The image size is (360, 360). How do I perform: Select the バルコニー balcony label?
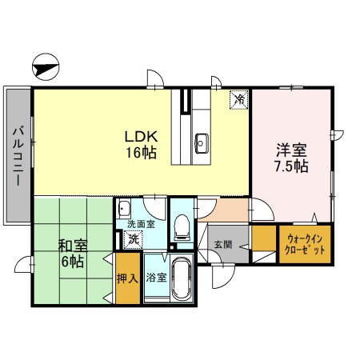coord(16,155)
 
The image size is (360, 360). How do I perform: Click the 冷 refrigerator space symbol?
coord(239,100)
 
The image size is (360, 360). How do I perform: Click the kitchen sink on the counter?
coord(200,144)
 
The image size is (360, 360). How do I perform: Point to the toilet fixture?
coord(182,226)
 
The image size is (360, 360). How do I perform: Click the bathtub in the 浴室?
coord(182,280)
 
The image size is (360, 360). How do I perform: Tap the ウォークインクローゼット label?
coord(305,243)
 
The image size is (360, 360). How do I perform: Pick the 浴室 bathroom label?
coord(155,278)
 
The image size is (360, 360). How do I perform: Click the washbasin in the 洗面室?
coord(125,210)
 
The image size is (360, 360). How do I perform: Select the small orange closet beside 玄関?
coord(262,239)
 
